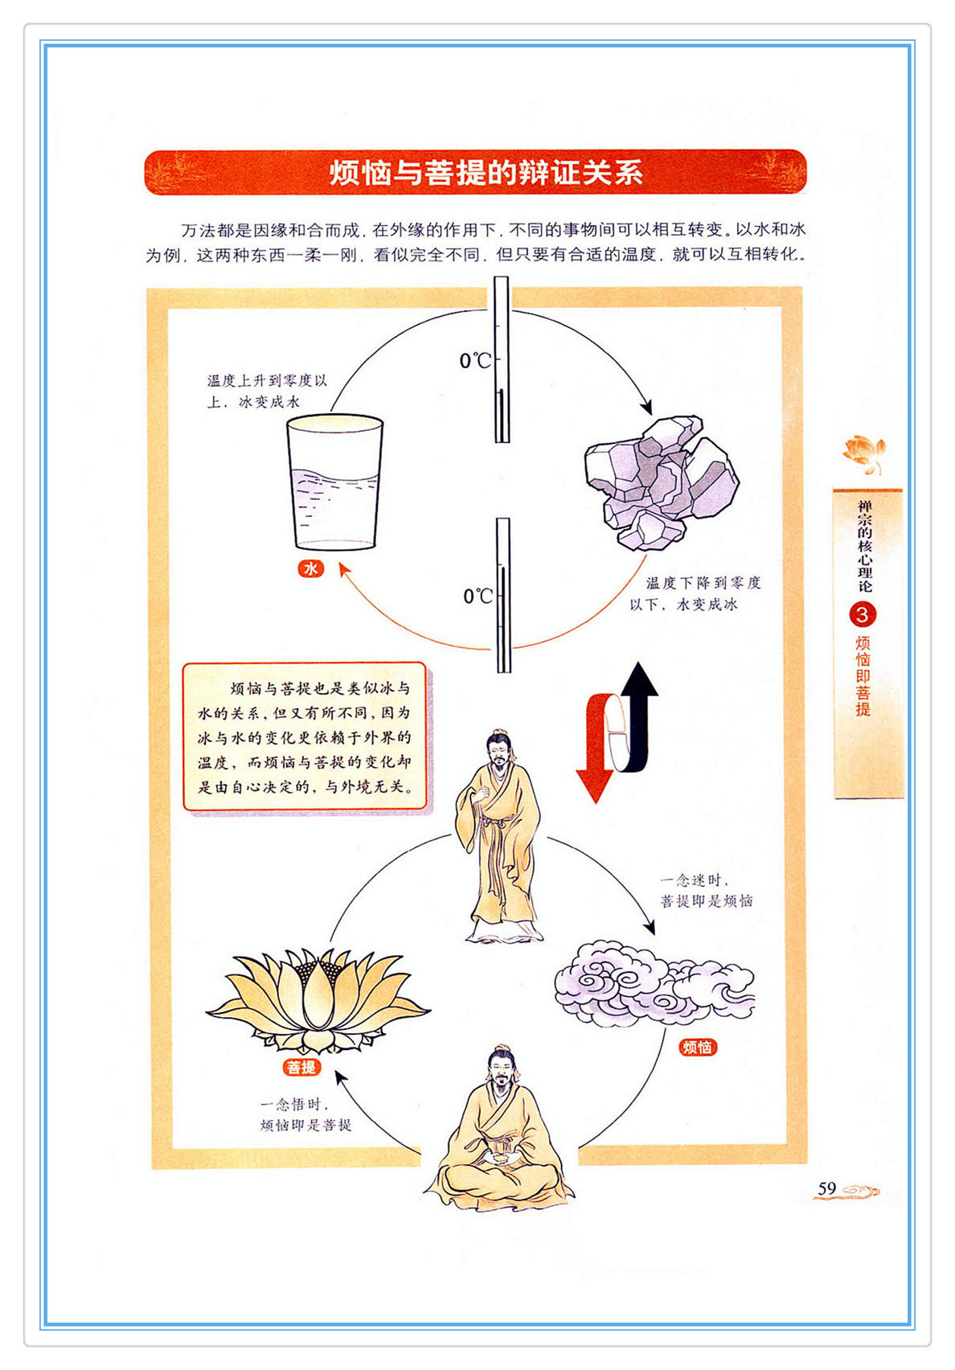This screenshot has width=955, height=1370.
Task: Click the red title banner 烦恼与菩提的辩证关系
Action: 476,173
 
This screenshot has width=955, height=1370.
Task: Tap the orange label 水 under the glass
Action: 310,568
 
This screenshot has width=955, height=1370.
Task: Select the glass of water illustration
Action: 334,482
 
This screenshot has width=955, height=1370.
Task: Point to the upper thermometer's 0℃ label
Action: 475,361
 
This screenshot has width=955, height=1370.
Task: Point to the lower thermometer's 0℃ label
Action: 478,596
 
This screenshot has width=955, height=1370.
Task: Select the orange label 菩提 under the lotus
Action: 301,1068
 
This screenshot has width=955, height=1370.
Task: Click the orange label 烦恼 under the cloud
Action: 698,1048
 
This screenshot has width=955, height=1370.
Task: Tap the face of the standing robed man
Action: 498,753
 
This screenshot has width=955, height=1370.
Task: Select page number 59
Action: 826,1188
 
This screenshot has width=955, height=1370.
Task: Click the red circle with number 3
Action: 863,615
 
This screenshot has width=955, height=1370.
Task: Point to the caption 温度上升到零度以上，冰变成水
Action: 267,392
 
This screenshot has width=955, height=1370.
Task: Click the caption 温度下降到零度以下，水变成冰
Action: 695,593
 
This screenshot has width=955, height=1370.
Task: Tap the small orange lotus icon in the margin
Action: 863,453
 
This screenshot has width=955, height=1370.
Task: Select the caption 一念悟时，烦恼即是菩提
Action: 305,1115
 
